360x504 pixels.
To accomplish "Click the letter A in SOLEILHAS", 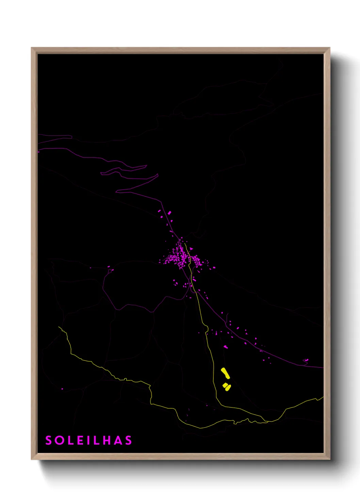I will tap(118, 440).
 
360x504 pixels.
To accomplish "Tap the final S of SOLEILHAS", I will tap(128, 440).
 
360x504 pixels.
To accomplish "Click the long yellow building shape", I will tap(225, 373).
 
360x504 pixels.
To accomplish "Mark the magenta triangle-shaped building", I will tap(191, 249).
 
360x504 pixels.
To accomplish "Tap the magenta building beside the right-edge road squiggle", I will tap(306, 360).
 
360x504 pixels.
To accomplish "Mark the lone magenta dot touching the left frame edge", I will tap(38, 152).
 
